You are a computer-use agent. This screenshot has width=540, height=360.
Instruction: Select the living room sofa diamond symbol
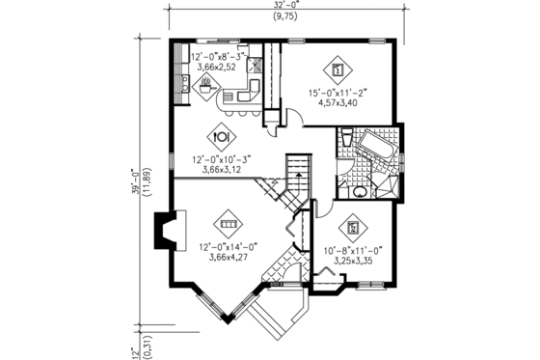228,222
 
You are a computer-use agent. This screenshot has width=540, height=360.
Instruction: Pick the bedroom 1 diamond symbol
337,69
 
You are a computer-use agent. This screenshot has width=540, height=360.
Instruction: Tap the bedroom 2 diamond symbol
353,228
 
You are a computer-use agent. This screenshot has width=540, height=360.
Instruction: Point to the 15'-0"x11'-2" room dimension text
337,93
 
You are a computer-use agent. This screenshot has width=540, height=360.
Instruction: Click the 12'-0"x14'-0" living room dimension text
228,246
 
